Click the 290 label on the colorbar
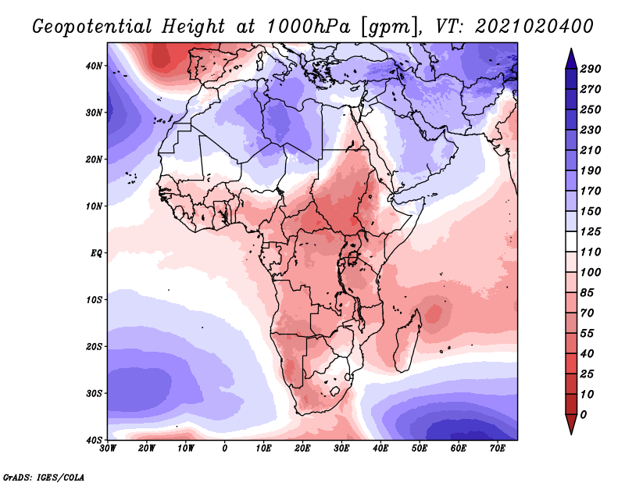tap(591, 69)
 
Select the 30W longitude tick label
tap(108, 448)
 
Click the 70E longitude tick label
tap(498, 448)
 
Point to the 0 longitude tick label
tap(225, 448)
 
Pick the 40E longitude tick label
tap(380, 448)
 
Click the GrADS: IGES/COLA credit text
tap(43, 477)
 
